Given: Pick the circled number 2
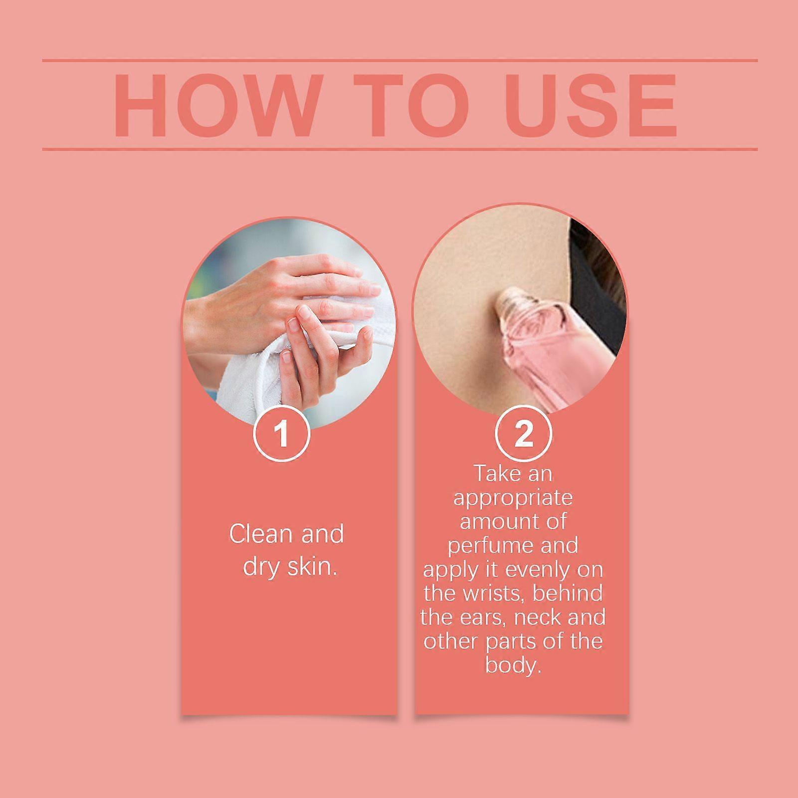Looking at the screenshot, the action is coord(524,433).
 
